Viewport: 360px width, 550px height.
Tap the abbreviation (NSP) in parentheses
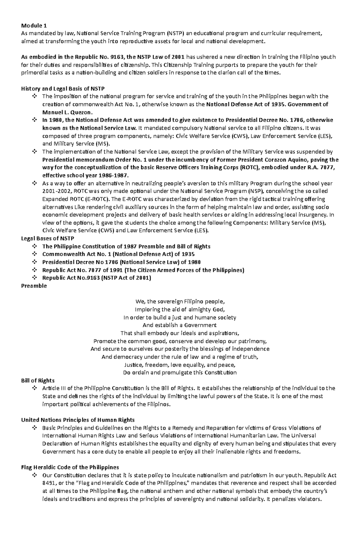pyautogui.click(x=253, y=191)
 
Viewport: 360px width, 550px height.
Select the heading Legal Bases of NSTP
pyautogui.click(x=47, y=239)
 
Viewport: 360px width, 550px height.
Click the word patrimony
pyautogui.click(x=253, y=341)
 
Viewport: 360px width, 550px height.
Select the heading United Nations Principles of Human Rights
pyautogui.click(x=78, y=420)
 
